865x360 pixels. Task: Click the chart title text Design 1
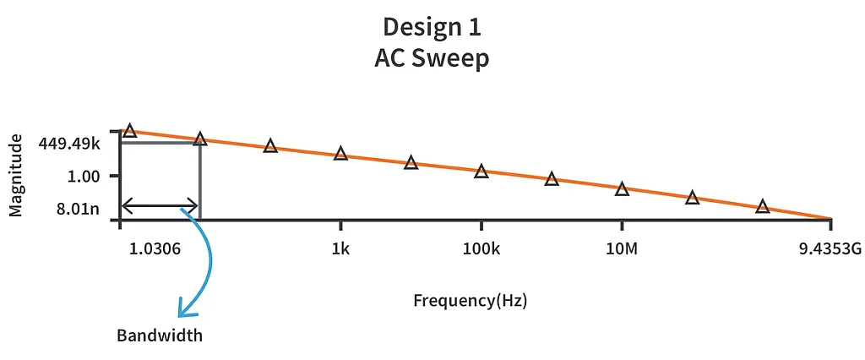point(432,27)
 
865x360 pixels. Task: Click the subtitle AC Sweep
point(432,60)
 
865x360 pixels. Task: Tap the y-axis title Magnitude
point(16,177)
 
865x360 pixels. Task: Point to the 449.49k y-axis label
point(69,144)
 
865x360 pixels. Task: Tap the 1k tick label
point(340,250)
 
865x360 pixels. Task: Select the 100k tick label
point(481,250)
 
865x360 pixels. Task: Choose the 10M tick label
point(622,250)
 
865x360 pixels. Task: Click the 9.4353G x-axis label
point(830,250)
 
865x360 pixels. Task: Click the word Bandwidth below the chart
point(160,335)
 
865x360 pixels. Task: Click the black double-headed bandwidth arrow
point(160,205)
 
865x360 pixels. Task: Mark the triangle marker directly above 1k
point(340,154)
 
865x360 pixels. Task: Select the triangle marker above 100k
point(481,172)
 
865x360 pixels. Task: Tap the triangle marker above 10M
point(622,189)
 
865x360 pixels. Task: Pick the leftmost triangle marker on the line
point(129,130)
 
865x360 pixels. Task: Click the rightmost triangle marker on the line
point(763,206)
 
